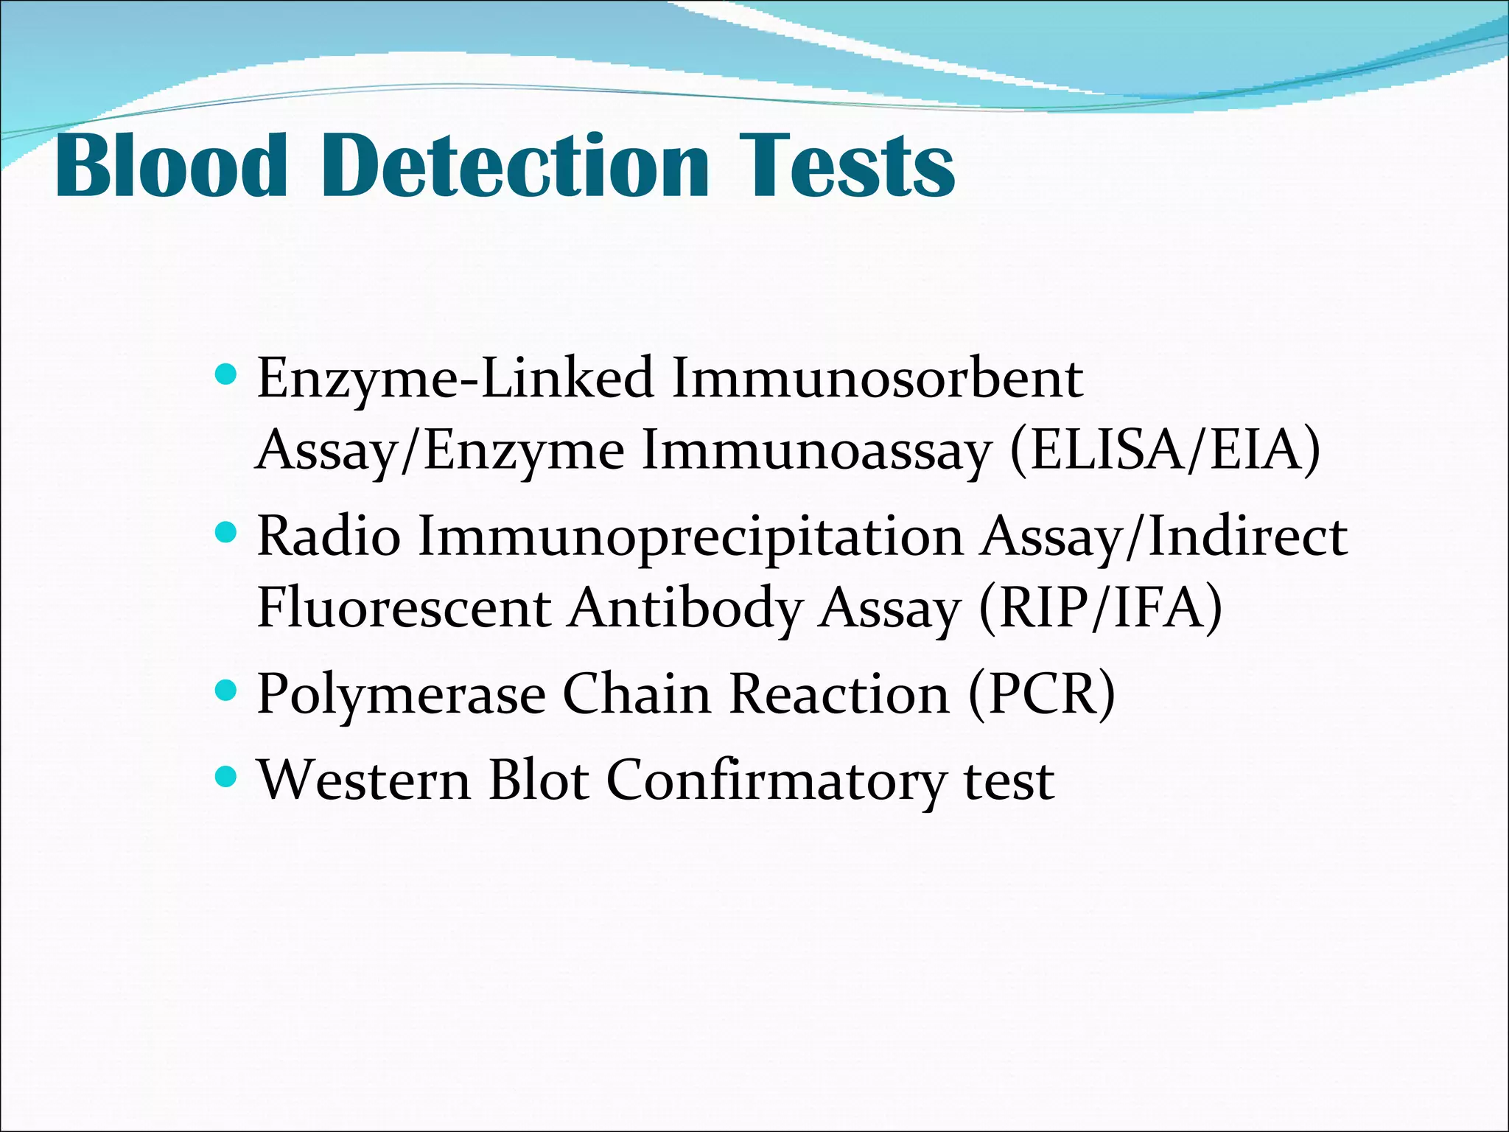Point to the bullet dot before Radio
pyautogui.click(x=226, y=532)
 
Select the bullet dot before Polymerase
pyautogui.click(x=226, y=691)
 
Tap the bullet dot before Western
pyautogui.click(x=226, y=776)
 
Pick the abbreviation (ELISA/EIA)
pyautogui.click(x=1165, y=450)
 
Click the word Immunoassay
pyautogui.click(x=816, y=450)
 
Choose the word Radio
pyautogui.click(x=329, y=537)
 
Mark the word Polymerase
pyautogui.click(x=402, y=695)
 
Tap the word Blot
pyautogui.click(x=539, y=780)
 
